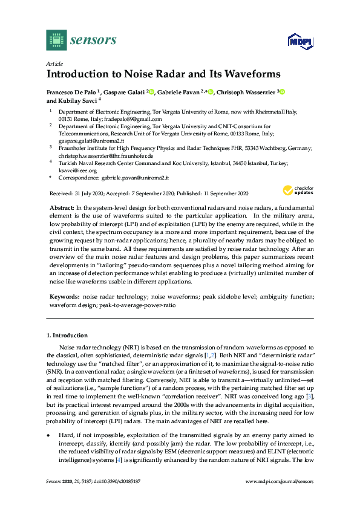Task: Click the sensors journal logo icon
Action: click(56, 40)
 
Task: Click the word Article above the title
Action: click(54, 63)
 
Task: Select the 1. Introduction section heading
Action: click(67, 335)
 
